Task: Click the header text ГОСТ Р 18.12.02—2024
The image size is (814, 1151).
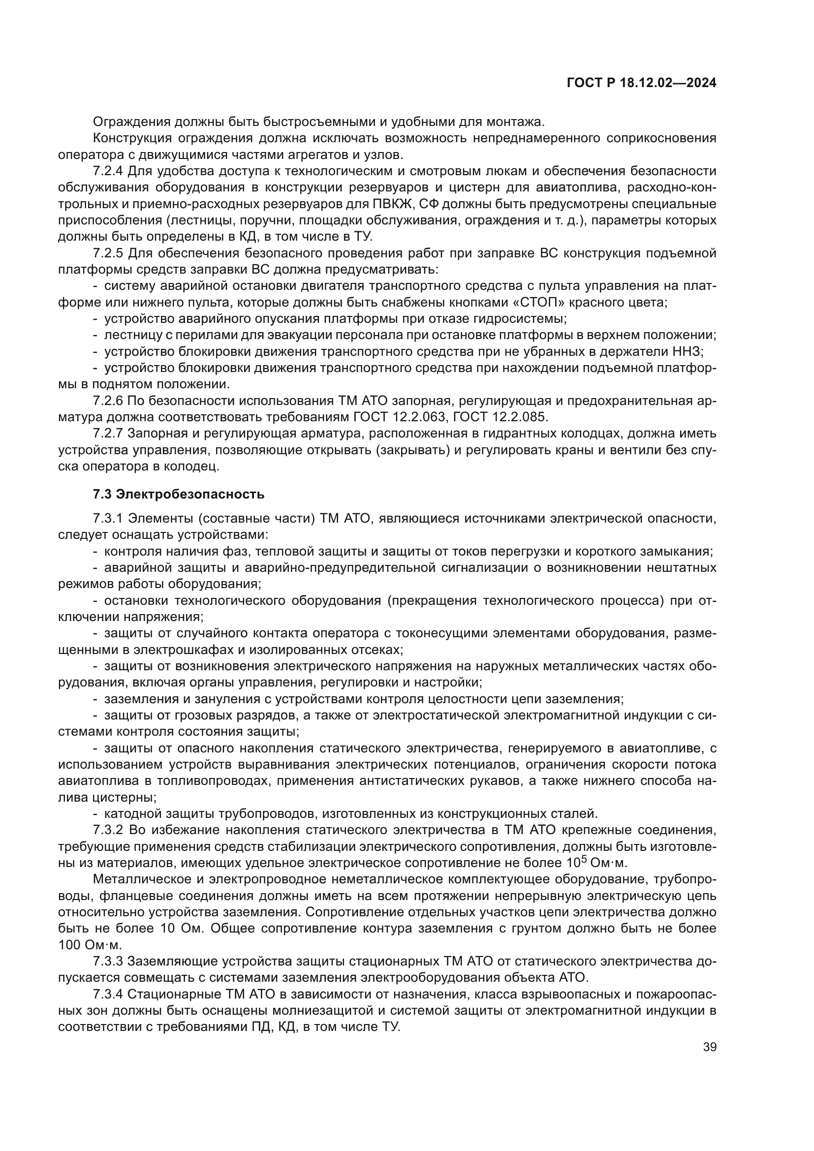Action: pos(641,83)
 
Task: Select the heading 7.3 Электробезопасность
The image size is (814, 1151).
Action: pos(179,494)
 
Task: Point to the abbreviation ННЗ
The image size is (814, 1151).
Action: pos(689,352)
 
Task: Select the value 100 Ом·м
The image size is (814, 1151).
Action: pos(90,945)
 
